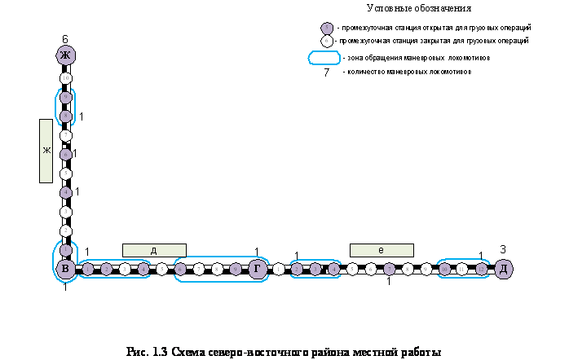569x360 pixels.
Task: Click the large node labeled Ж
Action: coord(66,55)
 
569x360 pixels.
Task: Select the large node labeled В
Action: coord(66,269)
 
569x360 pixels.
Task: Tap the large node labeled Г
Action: coord(258,269)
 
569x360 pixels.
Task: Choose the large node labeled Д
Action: coord(503,269)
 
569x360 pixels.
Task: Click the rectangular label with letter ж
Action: coord(46,151)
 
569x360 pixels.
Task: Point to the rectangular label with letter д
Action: coord(154,250)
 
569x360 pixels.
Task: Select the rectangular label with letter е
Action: coord(382,250)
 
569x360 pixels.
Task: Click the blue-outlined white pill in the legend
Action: coord(324,58)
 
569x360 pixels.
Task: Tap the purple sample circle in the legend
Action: coord(327,29)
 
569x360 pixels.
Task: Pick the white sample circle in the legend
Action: coord(327,41)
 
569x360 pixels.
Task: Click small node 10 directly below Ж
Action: coord(66,78)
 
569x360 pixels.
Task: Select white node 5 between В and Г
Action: coord(161,269)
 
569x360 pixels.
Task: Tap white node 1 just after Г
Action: coord(278,269)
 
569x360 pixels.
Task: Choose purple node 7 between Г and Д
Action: coord(390,269)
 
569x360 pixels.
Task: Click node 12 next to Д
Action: coord(482,269)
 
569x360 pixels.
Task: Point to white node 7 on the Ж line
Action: coord(66,135)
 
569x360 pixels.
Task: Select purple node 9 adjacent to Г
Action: coord(236,269)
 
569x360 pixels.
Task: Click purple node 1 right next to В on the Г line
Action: coord(88,269)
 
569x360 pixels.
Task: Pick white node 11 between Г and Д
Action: coord(462,269)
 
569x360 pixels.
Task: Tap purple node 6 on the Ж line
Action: coord(66,154)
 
